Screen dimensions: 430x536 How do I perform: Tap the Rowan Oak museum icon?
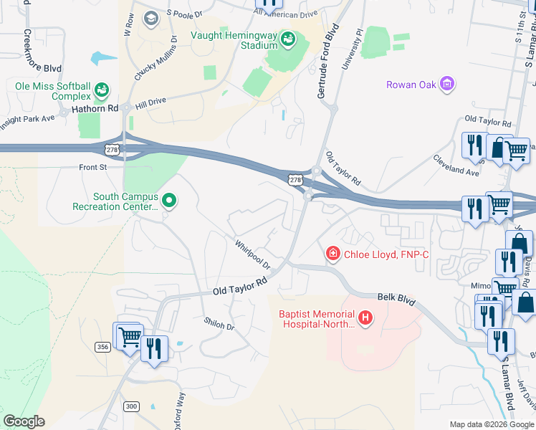[448, 85]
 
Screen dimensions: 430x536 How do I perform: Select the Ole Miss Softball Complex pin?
[102, 91]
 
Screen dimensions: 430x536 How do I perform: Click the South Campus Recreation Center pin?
[169, 201]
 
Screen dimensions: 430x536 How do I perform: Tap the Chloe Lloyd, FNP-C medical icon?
[332, 253]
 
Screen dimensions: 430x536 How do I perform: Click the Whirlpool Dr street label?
[252, 254]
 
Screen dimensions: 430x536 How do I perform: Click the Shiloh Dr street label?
[219, 325]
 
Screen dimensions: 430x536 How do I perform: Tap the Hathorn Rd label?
[95, 109]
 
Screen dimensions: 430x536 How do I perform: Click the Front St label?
[92, 167]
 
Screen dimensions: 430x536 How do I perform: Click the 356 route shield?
[102, 347]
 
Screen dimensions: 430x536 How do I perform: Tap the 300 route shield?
[130, 406]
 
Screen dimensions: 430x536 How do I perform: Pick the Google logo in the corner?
[24, 421]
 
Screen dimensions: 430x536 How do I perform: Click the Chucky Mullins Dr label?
[154, 52]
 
